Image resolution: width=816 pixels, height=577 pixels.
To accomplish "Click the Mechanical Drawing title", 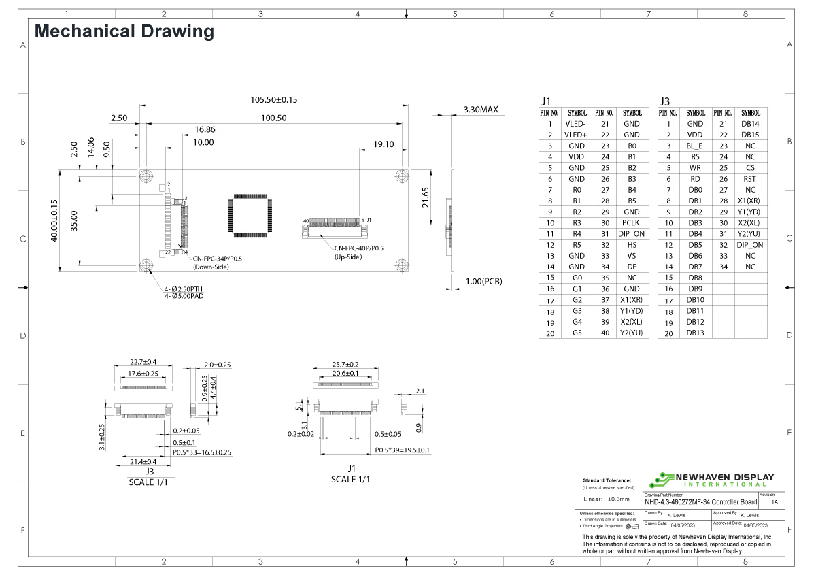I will [x=124, y=31].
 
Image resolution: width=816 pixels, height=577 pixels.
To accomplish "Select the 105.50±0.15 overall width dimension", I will [x=274, y=99].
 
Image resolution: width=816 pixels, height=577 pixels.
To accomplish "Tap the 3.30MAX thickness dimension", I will [x=481, y=109].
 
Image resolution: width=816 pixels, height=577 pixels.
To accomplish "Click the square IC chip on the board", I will [x=250, y=216].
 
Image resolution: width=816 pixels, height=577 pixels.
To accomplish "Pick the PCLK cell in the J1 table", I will [x=631, y=222].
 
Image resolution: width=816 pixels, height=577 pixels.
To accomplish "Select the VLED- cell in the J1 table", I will [x=575, y=124].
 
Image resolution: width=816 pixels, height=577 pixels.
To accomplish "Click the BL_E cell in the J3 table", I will [x=694, y=146].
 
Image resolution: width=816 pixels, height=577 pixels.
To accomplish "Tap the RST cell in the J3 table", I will [x=750, y=179].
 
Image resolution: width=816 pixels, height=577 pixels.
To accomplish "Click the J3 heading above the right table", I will [x=664, y=101].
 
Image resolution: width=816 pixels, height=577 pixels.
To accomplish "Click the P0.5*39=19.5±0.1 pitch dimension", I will [x=403, y=450].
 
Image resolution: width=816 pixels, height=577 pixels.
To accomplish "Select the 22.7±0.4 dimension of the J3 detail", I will [x=143, y=361].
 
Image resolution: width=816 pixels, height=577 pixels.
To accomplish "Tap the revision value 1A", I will [x=775, y=501].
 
